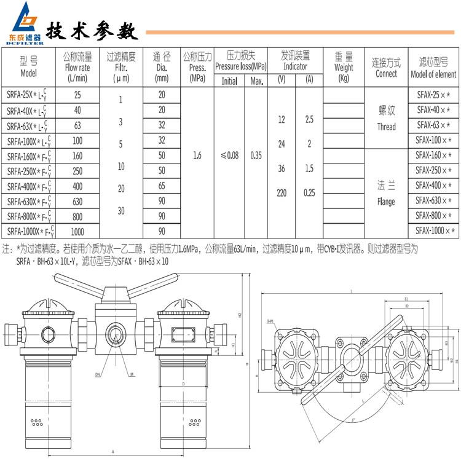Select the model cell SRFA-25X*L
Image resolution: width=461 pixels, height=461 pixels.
coord(29,95)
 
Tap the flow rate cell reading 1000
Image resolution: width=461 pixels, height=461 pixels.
coord(77,232)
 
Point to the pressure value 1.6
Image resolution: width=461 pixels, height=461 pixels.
coord(197,156)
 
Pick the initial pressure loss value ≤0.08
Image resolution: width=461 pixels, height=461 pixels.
coord(229,156)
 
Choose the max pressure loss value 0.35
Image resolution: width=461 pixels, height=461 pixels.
coord(256,156)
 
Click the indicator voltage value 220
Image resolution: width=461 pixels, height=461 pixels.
coord(282,193)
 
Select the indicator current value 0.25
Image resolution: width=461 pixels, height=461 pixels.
coord(309,193)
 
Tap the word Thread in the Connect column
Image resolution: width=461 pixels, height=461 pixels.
coord(386,127)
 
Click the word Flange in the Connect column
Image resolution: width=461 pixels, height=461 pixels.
coord(386,202)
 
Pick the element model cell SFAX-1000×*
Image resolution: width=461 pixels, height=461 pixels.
coord(435,230)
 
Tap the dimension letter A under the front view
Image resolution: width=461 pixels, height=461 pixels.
coord(112,451)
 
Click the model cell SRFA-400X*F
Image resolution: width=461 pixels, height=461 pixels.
coord(29,186)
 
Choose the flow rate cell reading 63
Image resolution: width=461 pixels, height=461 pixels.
coord(77,125)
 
